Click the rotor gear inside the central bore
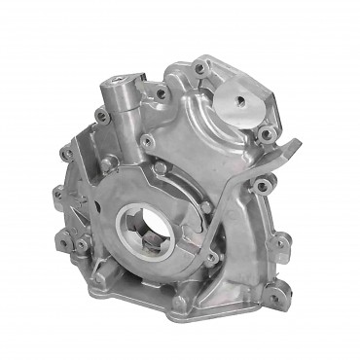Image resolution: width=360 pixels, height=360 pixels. pos(147,232)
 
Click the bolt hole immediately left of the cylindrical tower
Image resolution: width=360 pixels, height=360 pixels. pos(101,117)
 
